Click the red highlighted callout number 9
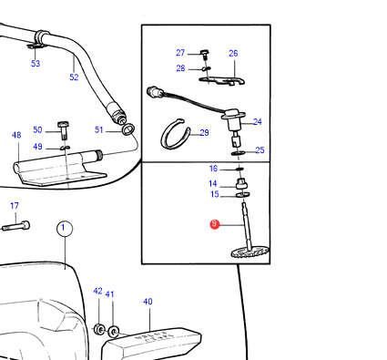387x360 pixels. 215,224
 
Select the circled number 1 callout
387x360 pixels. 65,229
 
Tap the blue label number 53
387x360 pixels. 36,64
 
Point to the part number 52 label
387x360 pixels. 74,77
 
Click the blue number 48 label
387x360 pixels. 16,135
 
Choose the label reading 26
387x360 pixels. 233,54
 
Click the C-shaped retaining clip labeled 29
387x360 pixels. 176,134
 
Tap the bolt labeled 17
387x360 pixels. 15,226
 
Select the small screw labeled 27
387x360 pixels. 206,55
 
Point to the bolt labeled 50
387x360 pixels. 63,129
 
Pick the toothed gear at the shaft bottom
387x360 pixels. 250,252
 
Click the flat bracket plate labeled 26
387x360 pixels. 221,80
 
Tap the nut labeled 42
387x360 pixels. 98,330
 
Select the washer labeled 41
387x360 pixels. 114,331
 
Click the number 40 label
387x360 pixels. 148,302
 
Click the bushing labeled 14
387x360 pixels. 241,183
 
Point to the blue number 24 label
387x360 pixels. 258,122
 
